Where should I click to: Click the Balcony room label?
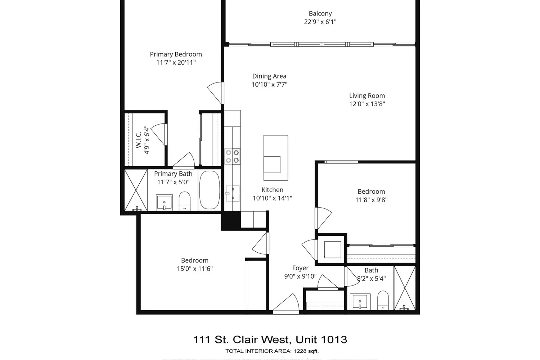coord(320,14)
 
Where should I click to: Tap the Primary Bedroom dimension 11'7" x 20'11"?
coord(176,63)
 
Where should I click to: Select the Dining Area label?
coord(269,76)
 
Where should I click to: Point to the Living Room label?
coord(367,96)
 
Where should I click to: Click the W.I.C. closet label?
coord(139,140)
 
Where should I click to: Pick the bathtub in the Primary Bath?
coord(209,190)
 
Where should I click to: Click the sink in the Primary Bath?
coord(164,202)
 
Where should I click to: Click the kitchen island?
coord(276,158)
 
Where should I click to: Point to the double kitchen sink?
coord(233,193)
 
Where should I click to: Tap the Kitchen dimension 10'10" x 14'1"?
coord(272,198)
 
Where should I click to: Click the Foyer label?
coord(300,268)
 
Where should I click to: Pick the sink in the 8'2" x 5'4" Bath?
coord(360,301)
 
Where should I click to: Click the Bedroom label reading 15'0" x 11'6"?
coord(194,261)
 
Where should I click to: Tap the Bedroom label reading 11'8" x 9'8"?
coord(371,192)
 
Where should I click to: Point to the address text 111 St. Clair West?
coord(241,339)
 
